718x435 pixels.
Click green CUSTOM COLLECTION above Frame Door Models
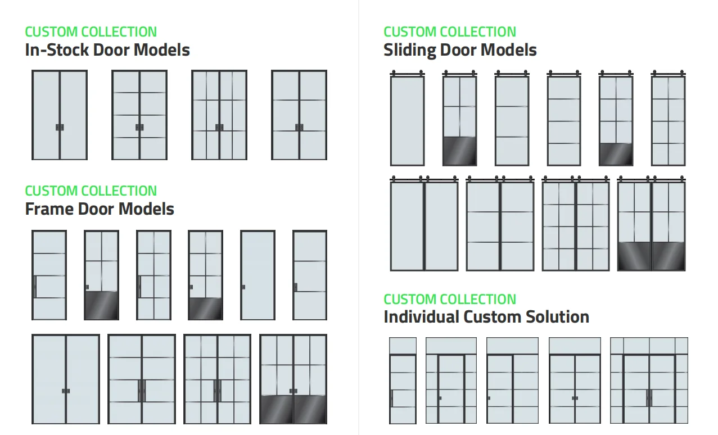coord(91,191)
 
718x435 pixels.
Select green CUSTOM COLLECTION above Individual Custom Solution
coord(450,299)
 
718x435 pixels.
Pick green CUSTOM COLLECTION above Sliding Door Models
coord(450,32)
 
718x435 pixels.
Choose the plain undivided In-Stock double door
coord(60,115)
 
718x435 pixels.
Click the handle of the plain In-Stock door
coord(60,128)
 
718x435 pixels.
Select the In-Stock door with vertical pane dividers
coord(219,115)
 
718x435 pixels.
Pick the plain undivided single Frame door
coord(258,275)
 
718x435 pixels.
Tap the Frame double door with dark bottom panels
coord(293,379)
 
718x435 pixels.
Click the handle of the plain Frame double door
coord(66,391)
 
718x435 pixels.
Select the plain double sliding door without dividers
coord(425,225)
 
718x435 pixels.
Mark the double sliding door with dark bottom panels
coord(652,225)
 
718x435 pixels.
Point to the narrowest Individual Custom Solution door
coord(403,380)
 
